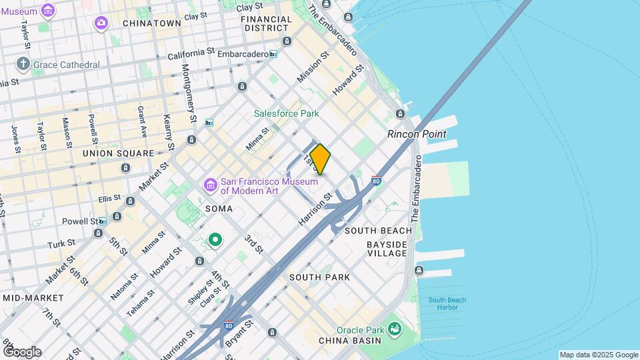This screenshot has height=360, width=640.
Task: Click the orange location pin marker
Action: (320, 159)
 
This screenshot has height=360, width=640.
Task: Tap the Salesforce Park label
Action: (287, 113)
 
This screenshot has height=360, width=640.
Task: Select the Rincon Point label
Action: (417, 134)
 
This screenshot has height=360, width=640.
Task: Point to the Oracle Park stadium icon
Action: (395, 328)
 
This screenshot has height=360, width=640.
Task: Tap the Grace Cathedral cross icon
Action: (23, 65)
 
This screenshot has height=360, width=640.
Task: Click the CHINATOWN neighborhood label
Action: (152, 23)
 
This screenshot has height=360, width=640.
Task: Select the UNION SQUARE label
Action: (118, 153)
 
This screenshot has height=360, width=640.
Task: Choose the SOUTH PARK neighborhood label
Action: (319, 277)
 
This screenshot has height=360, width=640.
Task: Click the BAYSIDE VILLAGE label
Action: (387, 249)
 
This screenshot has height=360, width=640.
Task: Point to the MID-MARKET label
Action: (33, 297)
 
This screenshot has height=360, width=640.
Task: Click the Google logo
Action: (21, 351)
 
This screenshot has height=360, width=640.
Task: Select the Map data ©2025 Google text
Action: (599, 355)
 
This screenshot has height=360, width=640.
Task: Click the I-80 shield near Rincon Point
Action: (377, 180)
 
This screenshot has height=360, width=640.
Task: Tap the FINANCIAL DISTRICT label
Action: (268, 23)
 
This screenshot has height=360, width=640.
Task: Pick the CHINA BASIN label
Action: (349, 341)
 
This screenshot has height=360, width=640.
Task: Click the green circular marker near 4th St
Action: (215, 239)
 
